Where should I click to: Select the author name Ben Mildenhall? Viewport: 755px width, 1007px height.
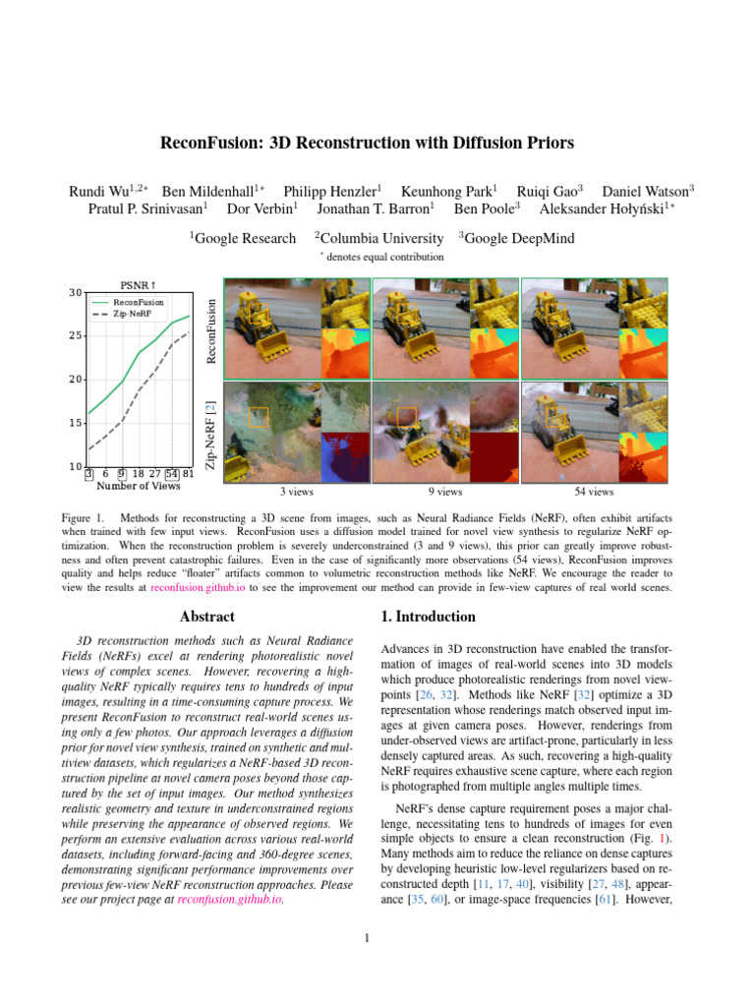[206, 191]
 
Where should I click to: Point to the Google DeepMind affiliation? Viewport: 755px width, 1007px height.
[519, 238]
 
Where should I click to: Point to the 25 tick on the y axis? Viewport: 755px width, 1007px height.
[77, 336]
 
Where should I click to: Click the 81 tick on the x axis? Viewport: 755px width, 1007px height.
[188, 474]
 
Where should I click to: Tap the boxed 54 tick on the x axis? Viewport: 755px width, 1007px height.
[172, 474]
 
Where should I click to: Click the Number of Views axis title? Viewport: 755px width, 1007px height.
[139, 486]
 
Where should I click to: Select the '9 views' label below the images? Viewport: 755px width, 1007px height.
[445, 492]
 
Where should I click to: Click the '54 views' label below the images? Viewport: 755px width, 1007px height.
[594, 492]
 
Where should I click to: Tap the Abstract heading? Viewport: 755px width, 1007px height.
[207, 617]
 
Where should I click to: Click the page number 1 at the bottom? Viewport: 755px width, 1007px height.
[366, 937]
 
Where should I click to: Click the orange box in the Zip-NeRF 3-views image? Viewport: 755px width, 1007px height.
[259, 417]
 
